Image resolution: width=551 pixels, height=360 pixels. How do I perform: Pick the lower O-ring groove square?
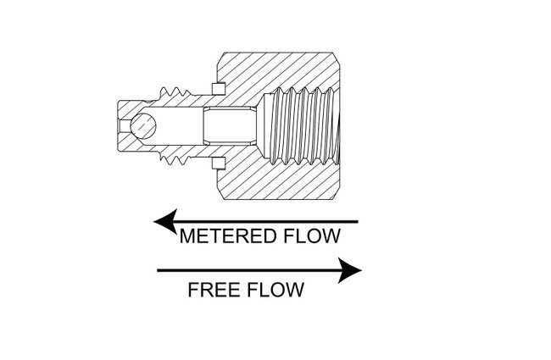[x=220, y=163]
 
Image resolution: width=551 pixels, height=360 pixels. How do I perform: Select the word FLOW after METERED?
[x=314, y=237]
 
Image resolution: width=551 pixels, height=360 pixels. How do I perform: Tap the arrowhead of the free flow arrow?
[x=350, y=271]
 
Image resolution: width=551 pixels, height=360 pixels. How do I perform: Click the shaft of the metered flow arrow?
[x=271, y=222]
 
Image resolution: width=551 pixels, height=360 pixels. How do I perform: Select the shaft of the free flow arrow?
[x=246, y=271]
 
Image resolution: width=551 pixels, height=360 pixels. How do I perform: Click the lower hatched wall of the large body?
[x=280, y=188]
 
